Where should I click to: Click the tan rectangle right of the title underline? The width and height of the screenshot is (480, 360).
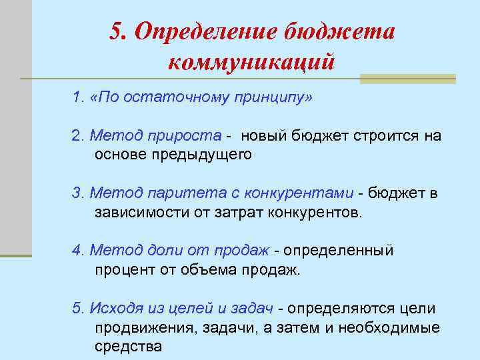(x=407, y=79)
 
